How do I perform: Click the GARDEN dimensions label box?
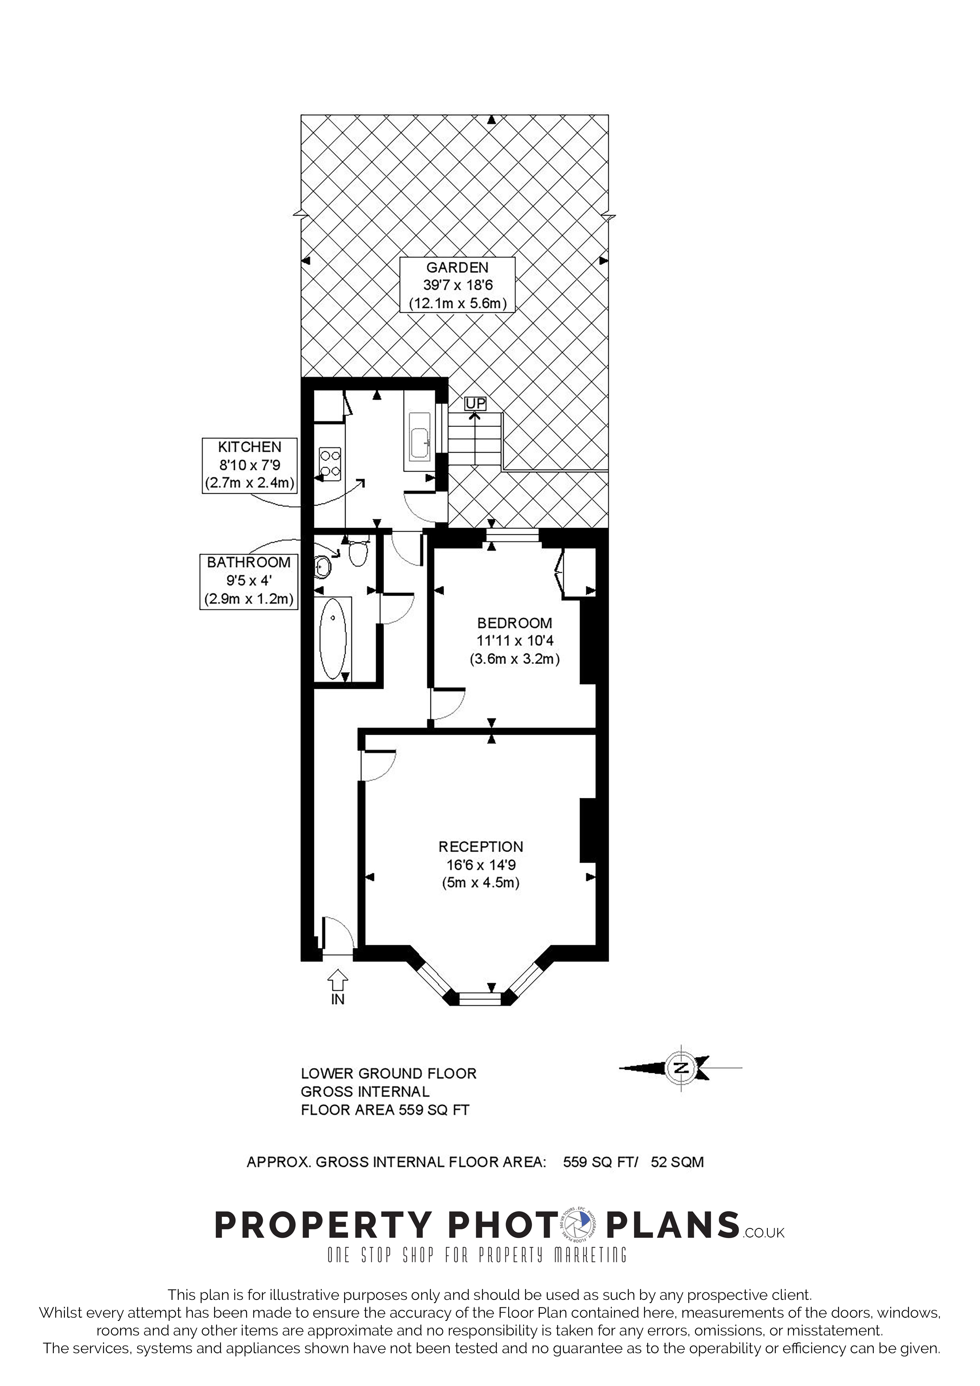(x=457, y=284)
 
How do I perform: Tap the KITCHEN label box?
(x=249, y=465)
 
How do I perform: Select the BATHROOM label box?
(x=249, y=581)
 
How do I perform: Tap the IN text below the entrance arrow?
(x=337, y=999)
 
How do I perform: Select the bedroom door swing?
(x=447, y=704)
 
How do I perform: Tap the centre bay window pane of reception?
(x=481, y=1000)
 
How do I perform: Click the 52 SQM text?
(x=677, y=1162)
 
